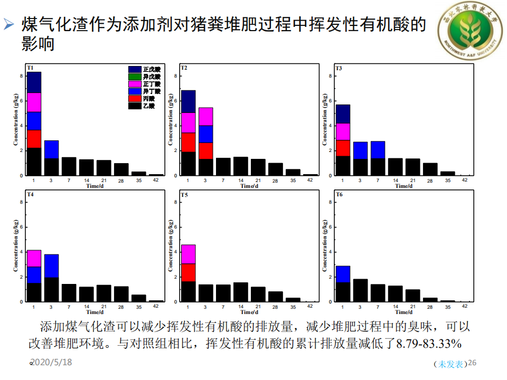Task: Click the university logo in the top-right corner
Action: (467, 32)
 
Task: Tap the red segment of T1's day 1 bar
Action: (34, 139)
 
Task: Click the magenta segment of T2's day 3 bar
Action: (205, 117)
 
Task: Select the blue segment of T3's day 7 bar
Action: (378, 150)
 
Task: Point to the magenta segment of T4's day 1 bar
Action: (34, 258)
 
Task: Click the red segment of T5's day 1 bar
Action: (189, 272)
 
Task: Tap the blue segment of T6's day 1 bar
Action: (343, 274)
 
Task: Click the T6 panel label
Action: (339, 195)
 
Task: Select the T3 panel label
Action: (339, 69)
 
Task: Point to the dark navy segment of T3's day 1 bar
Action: (343, 114)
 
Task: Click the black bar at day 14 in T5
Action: (240, 292)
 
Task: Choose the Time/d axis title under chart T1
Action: (96, 186)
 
